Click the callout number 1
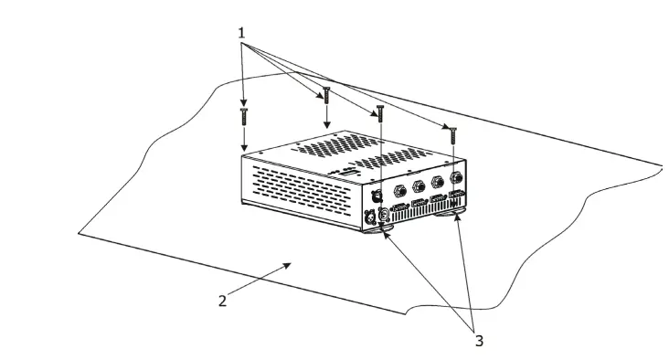pos(241,33)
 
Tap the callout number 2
pos(222,301)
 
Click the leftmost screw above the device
pos(244,114)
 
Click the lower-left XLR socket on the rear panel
pos(370,218)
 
